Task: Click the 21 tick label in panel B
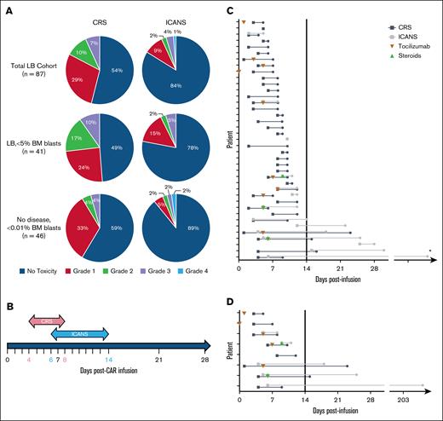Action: pos(158,360)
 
